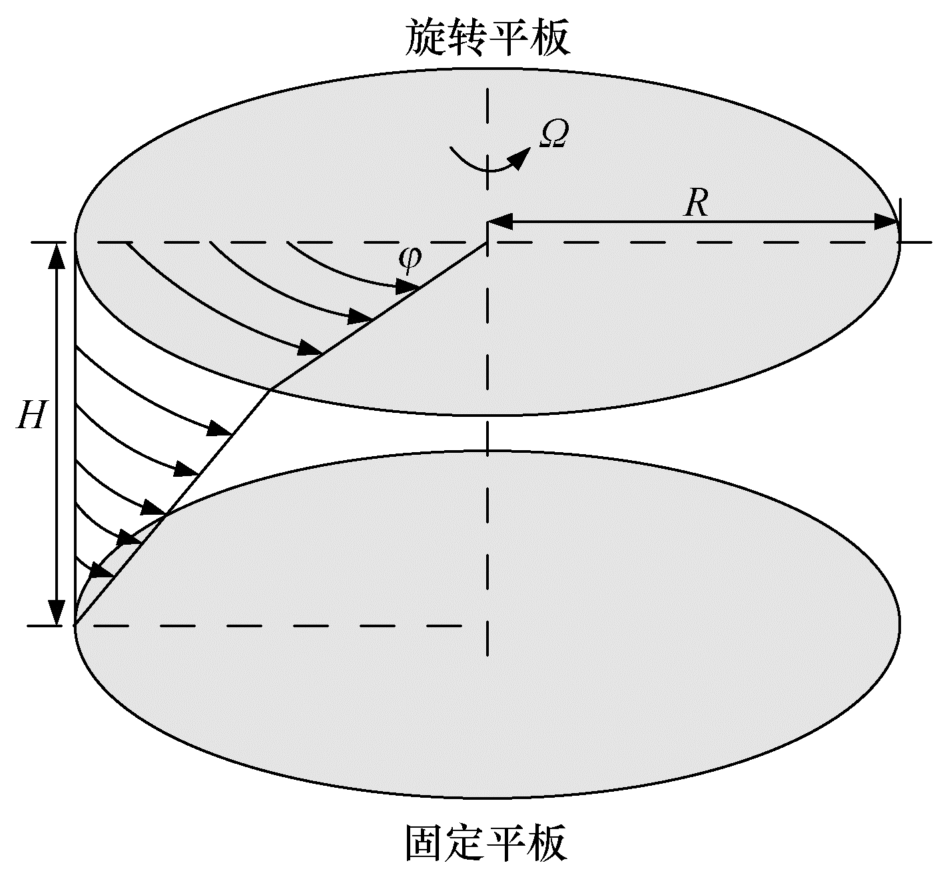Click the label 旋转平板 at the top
488,38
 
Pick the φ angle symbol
410,261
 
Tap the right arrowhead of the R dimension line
886,222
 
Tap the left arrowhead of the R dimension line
500,222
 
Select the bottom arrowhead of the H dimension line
57,612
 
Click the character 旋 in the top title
425,38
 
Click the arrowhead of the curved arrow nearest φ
407,286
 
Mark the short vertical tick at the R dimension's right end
900,220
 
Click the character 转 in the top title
466,38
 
